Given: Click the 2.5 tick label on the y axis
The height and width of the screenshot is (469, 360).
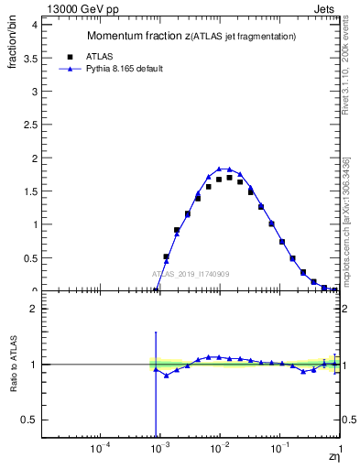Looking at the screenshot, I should pyautogui.click(x=29, y=125).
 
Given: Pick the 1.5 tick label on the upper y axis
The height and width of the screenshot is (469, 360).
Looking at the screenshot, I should pyautogui.click(x=29, y=191).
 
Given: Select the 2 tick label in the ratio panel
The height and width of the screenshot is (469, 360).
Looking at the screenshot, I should pyautogui.click(x=33, y=309).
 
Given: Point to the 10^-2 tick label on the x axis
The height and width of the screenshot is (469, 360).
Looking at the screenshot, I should pyautogui.click(x=221, y=449).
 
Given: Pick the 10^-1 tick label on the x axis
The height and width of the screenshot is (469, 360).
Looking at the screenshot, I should pyautogui.click(x=280, y=449).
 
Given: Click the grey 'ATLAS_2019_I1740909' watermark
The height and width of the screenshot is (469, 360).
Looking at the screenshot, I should pyautogui.click(x=190, y=273).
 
